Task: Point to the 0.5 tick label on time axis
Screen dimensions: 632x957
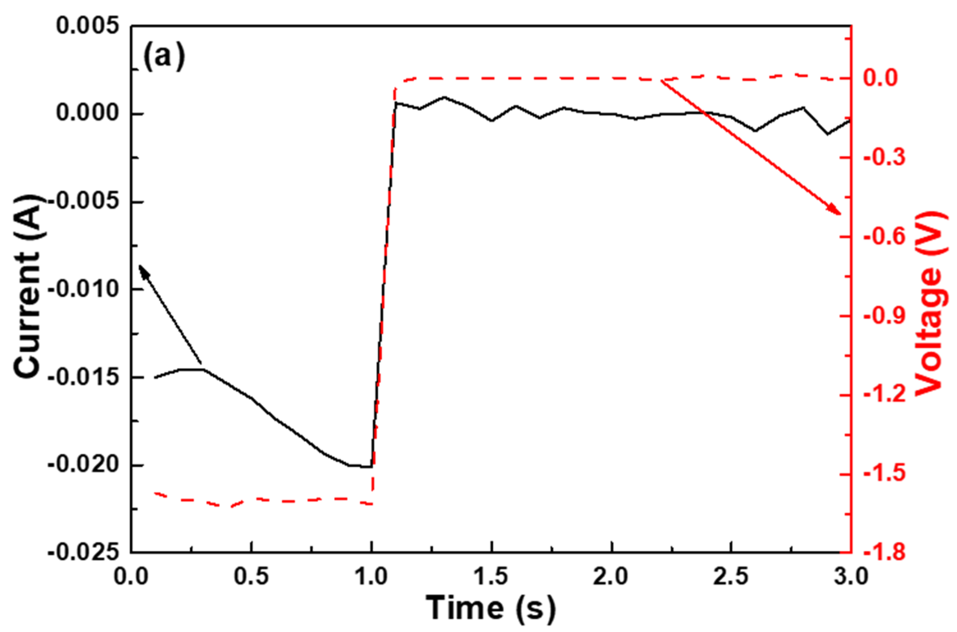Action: click(251, 577)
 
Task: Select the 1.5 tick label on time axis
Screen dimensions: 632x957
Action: click(492, 577)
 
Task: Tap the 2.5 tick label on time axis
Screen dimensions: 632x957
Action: click(731, 577)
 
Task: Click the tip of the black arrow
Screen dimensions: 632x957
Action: click(139, 265)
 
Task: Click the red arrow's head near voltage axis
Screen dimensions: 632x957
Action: click(840, 214)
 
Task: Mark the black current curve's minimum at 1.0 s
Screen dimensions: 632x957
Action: click(370, 467)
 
